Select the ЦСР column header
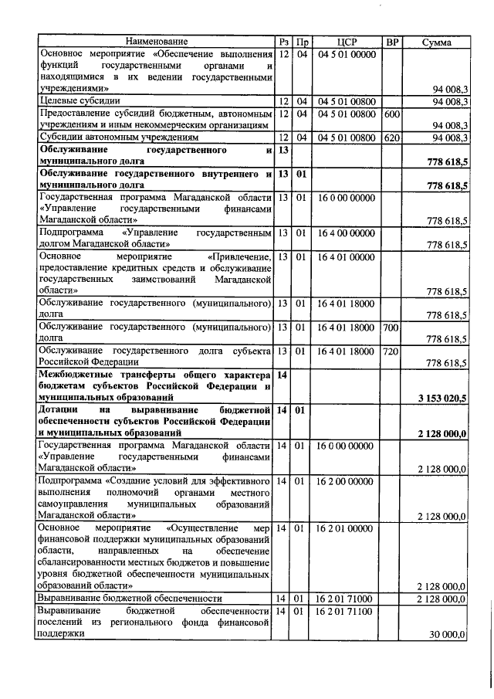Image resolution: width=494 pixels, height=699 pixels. (x=347, y=42)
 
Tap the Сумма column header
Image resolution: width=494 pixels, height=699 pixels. (x=436, y=42)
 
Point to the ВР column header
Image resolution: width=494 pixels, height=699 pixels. (x=391, y=42)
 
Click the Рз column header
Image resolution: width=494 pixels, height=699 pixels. (x=283, y=42)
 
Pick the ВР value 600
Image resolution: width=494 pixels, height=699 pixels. (x=391, y=114)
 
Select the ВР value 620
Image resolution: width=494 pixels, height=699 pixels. (x=391, y=137)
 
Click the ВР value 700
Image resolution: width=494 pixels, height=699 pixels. (x=391, y=327)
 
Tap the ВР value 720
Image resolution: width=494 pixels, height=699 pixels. (x=391, y=351)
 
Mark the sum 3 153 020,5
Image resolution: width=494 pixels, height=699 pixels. (x=442, y=398)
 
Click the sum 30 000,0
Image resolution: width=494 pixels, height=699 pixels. (x=448, y=634)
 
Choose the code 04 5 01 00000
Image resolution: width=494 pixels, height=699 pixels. (x=347, y=54)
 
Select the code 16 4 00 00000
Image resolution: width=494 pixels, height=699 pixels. (x=347, y=232)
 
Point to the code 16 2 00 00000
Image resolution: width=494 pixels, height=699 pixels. (x=347, y=481)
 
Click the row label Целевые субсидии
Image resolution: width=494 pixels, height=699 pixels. (x=73, y=102)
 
